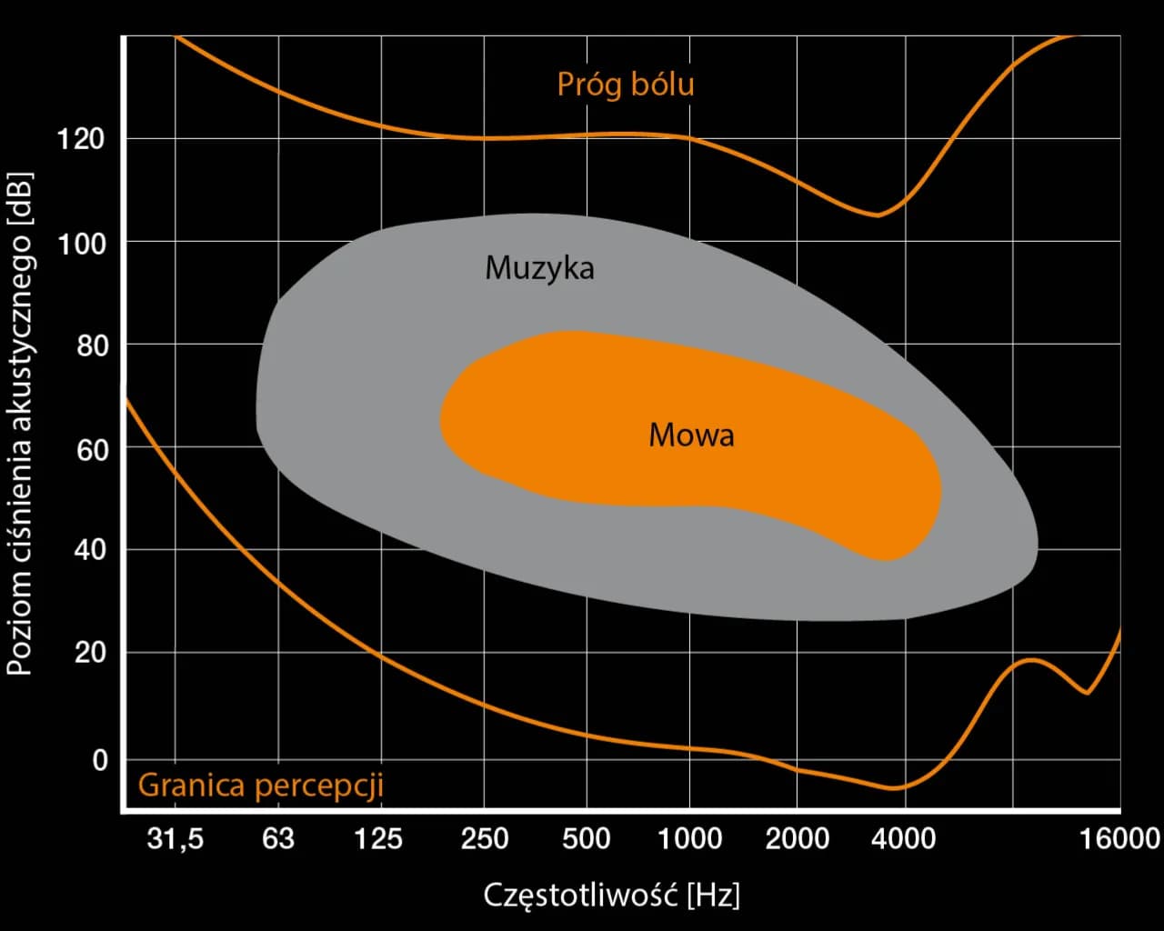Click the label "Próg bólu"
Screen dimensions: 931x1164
(626, 85)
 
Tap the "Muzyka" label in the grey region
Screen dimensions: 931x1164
(539, 267)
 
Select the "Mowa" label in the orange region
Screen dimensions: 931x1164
(691, 435)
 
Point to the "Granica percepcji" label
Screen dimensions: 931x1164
(260, 785)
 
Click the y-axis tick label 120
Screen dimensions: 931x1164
(81, 139)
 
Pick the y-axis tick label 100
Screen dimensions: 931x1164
(81, 243)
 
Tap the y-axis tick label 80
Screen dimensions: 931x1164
(91, 346)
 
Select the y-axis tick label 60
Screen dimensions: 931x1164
(91, 449)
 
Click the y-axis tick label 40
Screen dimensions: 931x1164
(91, 550)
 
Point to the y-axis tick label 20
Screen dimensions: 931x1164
(91, 653)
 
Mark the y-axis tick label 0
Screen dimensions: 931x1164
(100, 760)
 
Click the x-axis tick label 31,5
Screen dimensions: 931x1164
(176, 838)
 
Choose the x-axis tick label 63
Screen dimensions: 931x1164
(278, 838)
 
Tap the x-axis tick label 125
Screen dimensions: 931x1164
(378, 838)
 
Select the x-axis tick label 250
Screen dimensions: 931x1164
(484, 838)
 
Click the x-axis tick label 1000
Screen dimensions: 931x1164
(689, 838)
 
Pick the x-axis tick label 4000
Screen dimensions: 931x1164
(902, 838)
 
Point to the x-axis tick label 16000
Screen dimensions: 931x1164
(1119, 838)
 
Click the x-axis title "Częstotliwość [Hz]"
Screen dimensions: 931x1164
(611, 896)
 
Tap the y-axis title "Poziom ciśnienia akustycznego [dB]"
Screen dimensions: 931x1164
(20, 423)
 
